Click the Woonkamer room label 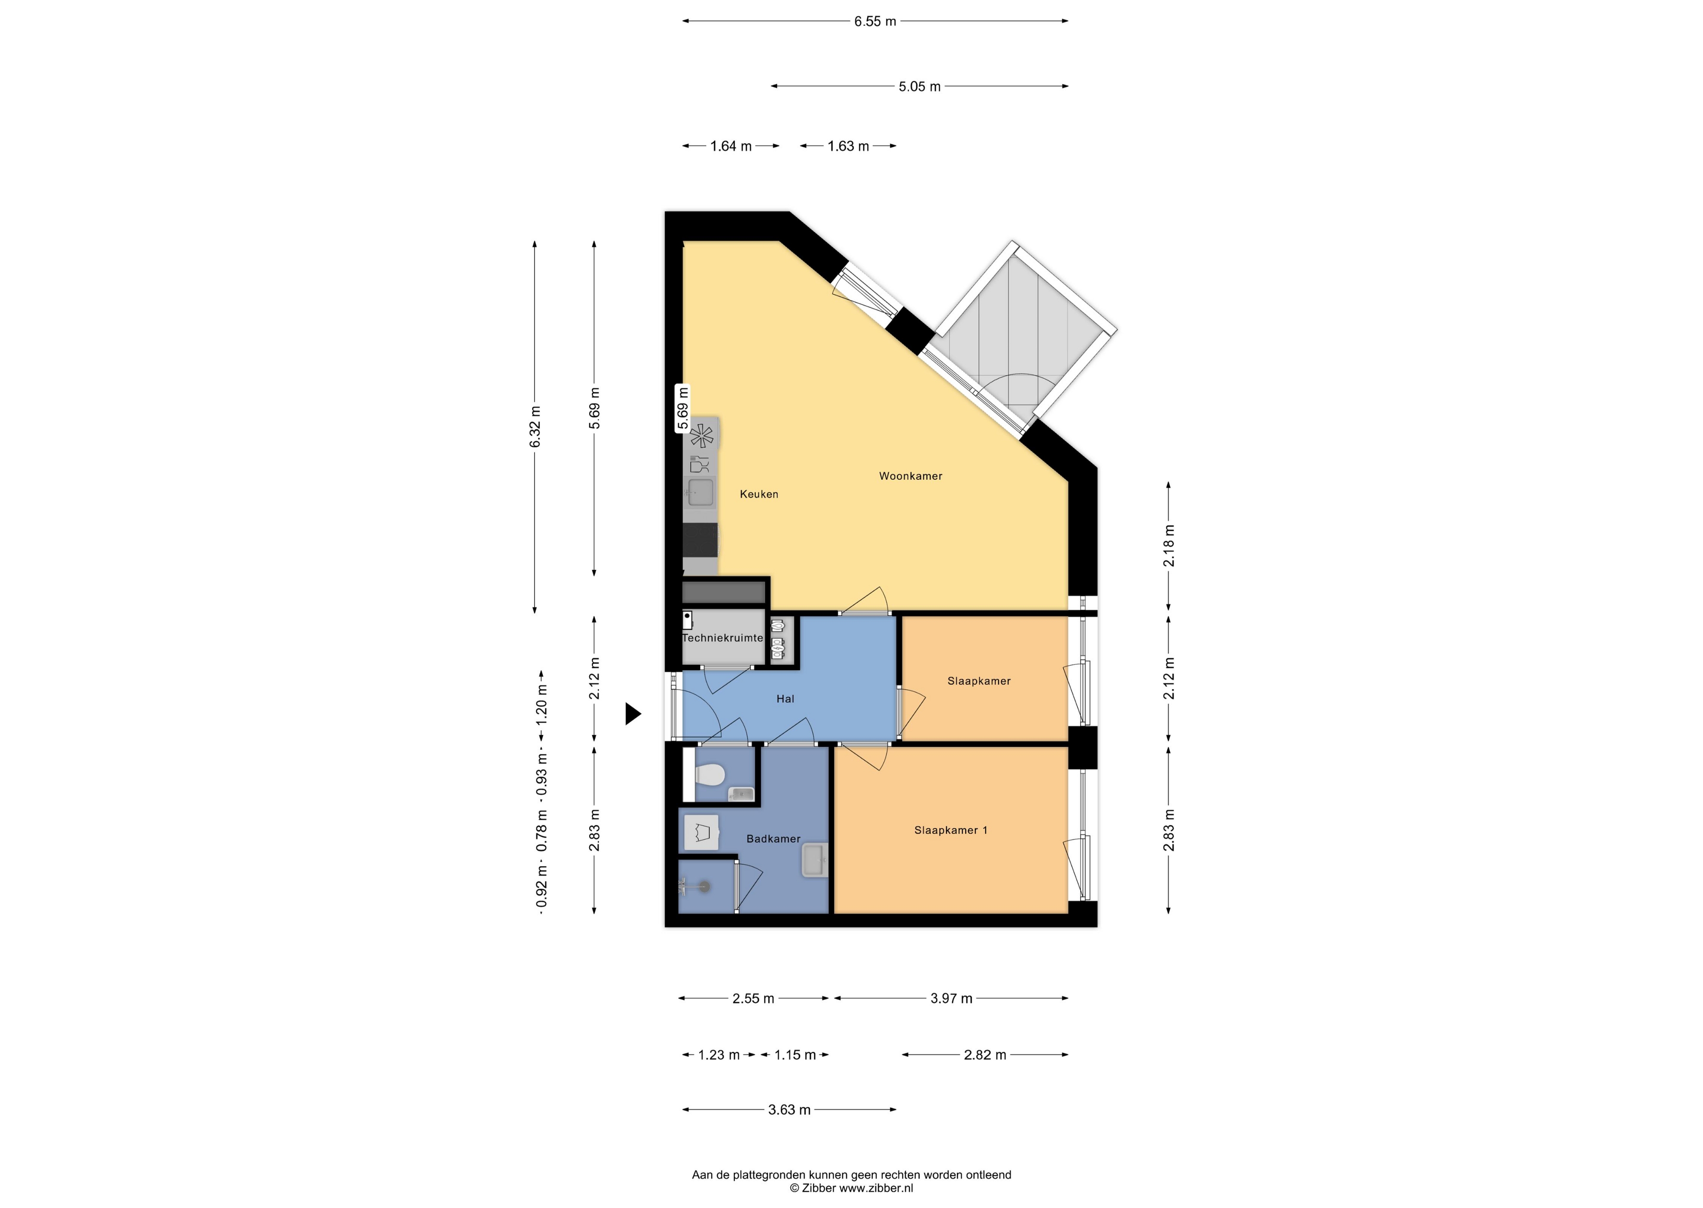coord(910,476)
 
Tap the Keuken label coord(758,494)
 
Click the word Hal coord(786,698)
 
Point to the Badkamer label coord(773,838)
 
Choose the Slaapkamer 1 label coord(950,830)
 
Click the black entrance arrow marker coord(633,714)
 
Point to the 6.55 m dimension coord(875,21)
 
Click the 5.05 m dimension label coord(920,86)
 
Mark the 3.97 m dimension coord(951,998)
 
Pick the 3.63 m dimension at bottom coord(789,1110)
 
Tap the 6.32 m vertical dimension coord(535,427)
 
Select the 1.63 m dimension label coord(848,146)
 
